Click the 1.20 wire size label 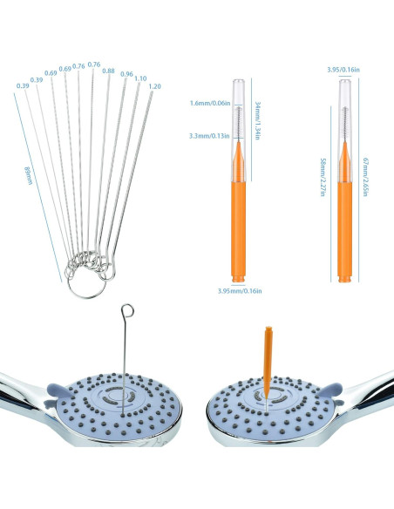(x=154, y=86)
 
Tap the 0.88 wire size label (x=108, y=71)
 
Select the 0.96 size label (x=126, y=74)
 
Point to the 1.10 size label (x=140, y=78)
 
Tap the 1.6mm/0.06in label (x=209, y=104)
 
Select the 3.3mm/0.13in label (x=209, y=136)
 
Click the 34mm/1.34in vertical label (x=259, y=112)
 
